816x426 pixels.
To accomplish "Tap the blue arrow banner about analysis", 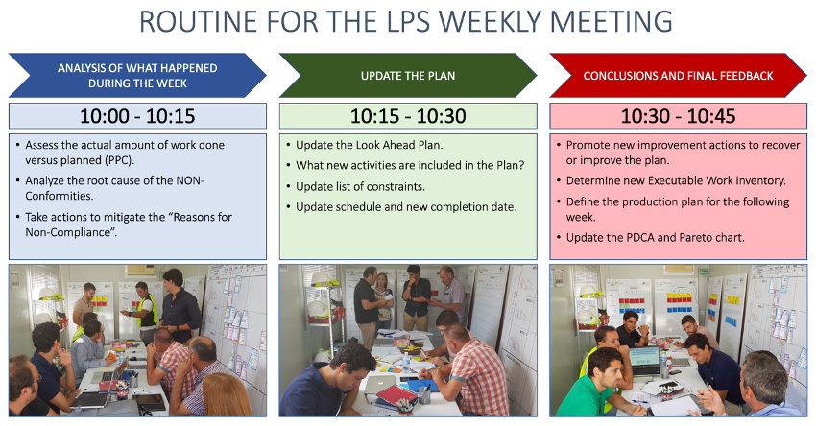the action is point(137,76).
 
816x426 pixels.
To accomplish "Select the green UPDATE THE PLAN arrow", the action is point(408,76).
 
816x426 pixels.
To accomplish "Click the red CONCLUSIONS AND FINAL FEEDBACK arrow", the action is point(678,76).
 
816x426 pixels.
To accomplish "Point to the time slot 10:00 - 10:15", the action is point(137,116).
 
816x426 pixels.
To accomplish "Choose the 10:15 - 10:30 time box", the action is point(408,116).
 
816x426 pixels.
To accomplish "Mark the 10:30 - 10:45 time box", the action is point(678,116).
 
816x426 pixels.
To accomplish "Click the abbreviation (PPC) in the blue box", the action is point(120,160).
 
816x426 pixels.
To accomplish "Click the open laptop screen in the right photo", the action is point(645,358).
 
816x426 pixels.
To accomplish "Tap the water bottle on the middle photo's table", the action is point(406,360).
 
